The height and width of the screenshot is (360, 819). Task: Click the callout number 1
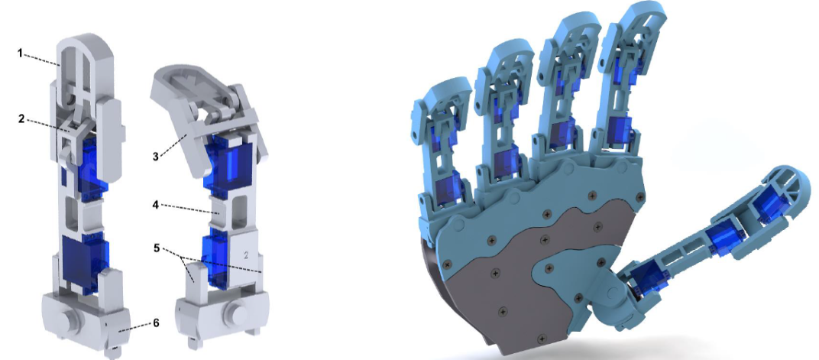click(21, 53)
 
